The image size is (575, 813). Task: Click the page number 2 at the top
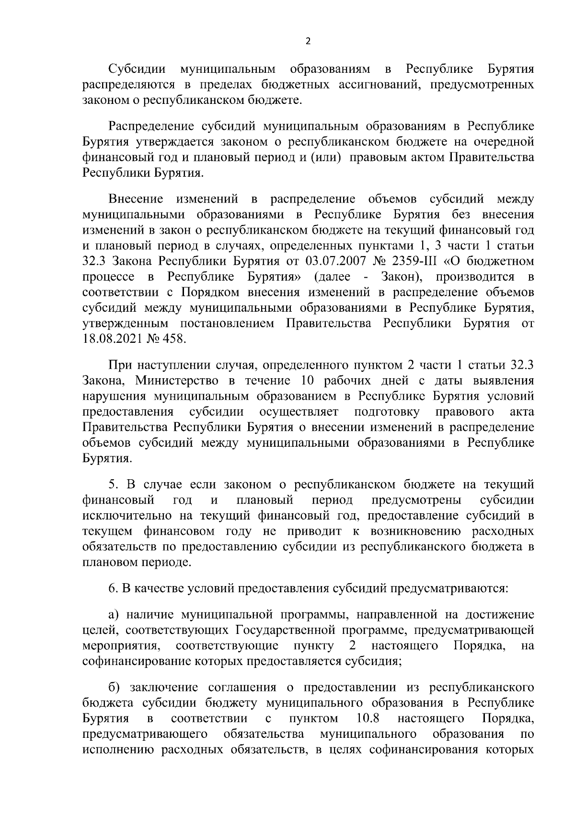(x=308, y=41)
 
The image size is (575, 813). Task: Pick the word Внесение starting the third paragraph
(x=136, y=199)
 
